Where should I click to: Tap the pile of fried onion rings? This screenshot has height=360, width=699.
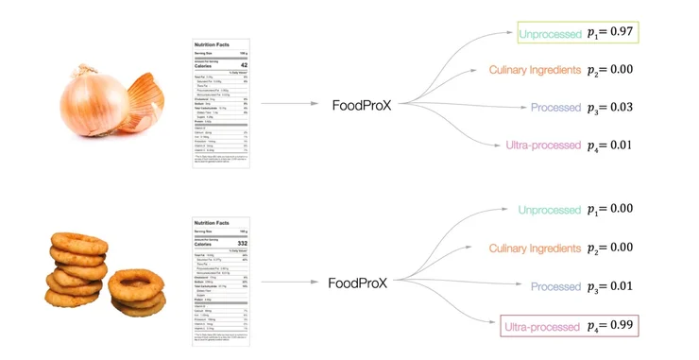[104, 277]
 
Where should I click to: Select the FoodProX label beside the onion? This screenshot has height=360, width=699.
[361, 106]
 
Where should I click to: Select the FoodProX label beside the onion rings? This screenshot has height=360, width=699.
[358, 283]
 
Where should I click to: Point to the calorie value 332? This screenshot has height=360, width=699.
[241, 243]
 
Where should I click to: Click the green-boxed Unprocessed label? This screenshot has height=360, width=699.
[550, 34]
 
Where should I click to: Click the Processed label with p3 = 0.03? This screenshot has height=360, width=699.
[555, 108]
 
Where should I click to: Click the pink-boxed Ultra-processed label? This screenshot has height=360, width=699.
[541, 327]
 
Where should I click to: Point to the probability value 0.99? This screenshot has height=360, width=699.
[620, 327]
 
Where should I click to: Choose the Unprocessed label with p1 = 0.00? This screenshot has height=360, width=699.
[550, 210]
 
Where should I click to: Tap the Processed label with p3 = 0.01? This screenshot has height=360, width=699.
[555, 286]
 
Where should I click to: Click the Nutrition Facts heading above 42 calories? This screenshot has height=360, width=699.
[212, 44]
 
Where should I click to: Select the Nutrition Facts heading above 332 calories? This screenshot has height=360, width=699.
[212, 222]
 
